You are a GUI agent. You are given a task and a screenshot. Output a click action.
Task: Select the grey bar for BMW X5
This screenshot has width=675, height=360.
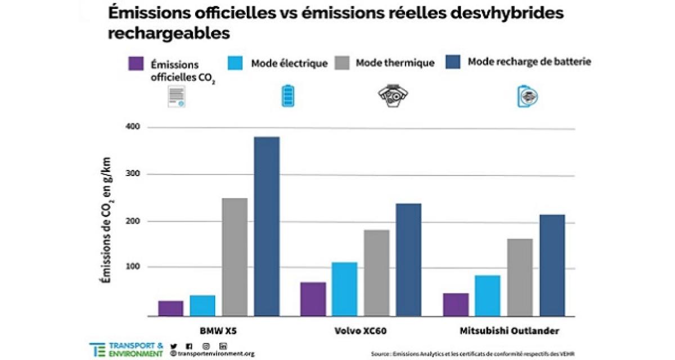click(x=235, y=256)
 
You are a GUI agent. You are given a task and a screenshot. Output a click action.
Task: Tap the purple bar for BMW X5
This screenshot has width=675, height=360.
click(x=170, y=308)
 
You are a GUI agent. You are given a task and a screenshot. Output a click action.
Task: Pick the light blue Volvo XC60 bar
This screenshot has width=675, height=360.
click(x=344, y=289)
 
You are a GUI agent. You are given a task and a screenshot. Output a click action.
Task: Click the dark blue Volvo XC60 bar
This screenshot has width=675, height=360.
click(x=408, y=259)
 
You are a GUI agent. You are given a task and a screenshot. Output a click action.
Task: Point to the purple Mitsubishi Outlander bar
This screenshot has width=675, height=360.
click(x=456, y=304)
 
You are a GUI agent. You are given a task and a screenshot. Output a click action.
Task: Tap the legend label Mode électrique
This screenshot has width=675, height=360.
click(x=289, y=63)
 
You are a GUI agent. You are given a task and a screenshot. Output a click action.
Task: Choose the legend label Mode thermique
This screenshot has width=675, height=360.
click(x=395, y=63)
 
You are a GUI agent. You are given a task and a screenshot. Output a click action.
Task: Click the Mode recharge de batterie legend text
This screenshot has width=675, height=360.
click(x=529, y=61)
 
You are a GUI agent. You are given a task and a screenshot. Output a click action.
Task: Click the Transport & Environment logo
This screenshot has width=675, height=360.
click(x=127, y=349)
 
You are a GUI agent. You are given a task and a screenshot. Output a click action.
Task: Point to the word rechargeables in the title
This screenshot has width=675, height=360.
click(x=169, y=33)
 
